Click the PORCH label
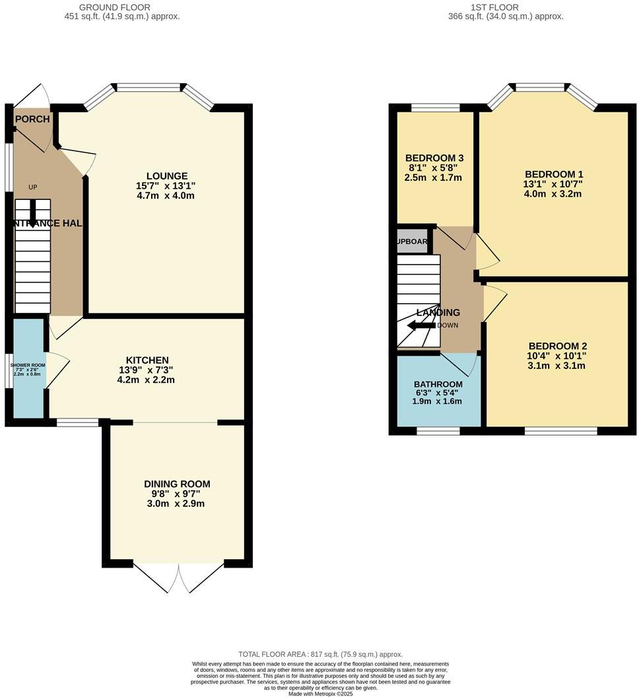pyautogui.click(x=32, y=119)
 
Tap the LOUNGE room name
pyautogui.click(x=166, y=176)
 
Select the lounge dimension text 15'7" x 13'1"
pyautogui.click(x=166, y=186)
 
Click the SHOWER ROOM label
pyautogui.click(x=27, y=365)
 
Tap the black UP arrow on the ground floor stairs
pyautogui.click(x=32, y=209)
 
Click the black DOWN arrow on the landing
pyautogui.click(x=420, y=325)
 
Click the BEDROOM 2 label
pyautogui.click(x=557, y=346)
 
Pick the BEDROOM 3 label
pyautogui.click(x=434, y=158)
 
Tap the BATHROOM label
pyautogui.click(x=438, y=384)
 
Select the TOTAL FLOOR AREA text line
pyautogui.click(x=320, y=654)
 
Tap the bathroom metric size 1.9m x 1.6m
pyautogui.click(x=438, y=401)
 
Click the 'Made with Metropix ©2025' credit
pyautogui.click(x=320, y=692)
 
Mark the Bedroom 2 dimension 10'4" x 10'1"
pyautogui.click(x=557, y=356)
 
